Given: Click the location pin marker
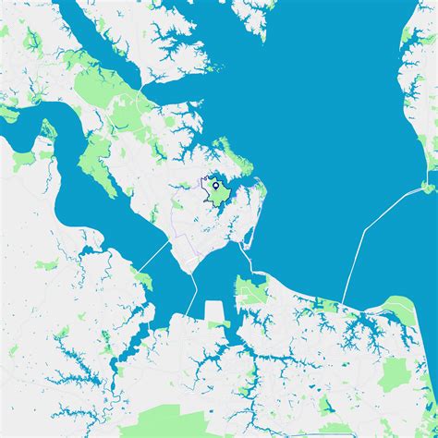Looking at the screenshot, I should [x=215, y=187].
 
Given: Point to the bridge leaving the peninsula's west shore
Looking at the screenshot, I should [x=155, y=254].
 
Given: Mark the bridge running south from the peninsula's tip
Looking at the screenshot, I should [x=193, y=297].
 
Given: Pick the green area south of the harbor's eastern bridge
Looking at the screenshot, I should [x=250, y=292].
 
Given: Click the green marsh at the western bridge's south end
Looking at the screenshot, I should [x=143, y=277].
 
